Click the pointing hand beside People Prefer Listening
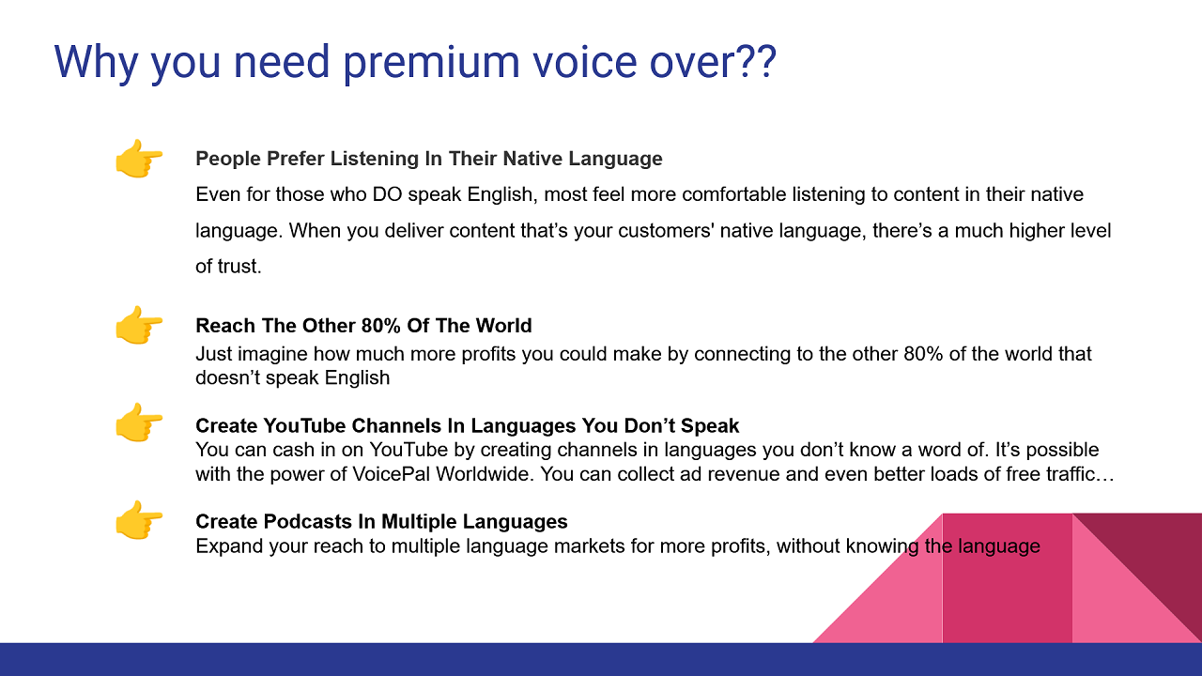pyautogui.click(x=138, y=159)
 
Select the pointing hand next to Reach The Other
pyautogui.click(x=138, y=326)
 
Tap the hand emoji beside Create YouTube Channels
pyautogui.click(x=138, y=423)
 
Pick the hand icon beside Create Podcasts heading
pyautogui.click(x=138, y=520)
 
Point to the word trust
pyautogui.click(x=239, y=267)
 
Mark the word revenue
pyautogui.click(x=744, y=474)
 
